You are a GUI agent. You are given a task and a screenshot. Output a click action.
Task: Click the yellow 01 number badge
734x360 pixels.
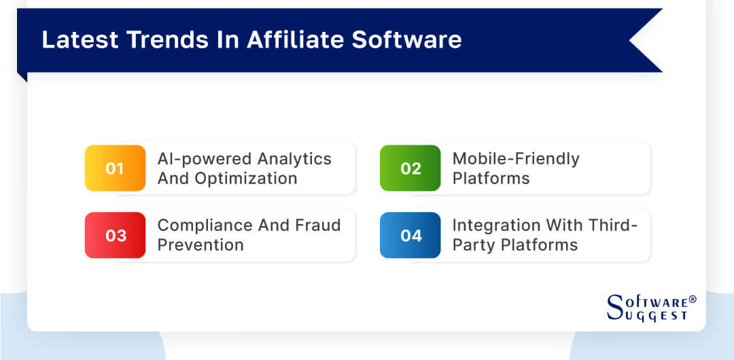pos(115,168)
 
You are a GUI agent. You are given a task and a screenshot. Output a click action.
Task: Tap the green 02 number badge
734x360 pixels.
pos(410,168)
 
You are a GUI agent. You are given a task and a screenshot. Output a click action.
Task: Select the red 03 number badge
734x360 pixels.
pos(115,235)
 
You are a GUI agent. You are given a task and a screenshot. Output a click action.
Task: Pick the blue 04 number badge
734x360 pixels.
pos(410,235)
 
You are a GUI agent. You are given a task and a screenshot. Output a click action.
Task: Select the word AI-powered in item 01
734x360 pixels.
pos(198,159)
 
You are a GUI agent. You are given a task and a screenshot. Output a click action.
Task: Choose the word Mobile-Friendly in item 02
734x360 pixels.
pos(516,159)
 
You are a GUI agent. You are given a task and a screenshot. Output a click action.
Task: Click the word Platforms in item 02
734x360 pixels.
pos(491,178)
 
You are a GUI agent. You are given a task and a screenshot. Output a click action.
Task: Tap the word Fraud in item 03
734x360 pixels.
pos(317,226)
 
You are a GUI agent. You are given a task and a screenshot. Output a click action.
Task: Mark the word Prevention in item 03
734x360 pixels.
pos(200,245)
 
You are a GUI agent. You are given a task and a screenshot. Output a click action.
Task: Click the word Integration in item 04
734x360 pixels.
pos(497,226)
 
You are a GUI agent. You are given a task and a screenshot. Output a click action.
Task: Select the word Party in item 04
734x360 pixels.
pos(470,245)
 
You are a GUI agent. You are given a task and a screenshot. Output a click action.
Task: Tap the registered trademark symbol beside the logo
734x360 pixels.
pos(693,299)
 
